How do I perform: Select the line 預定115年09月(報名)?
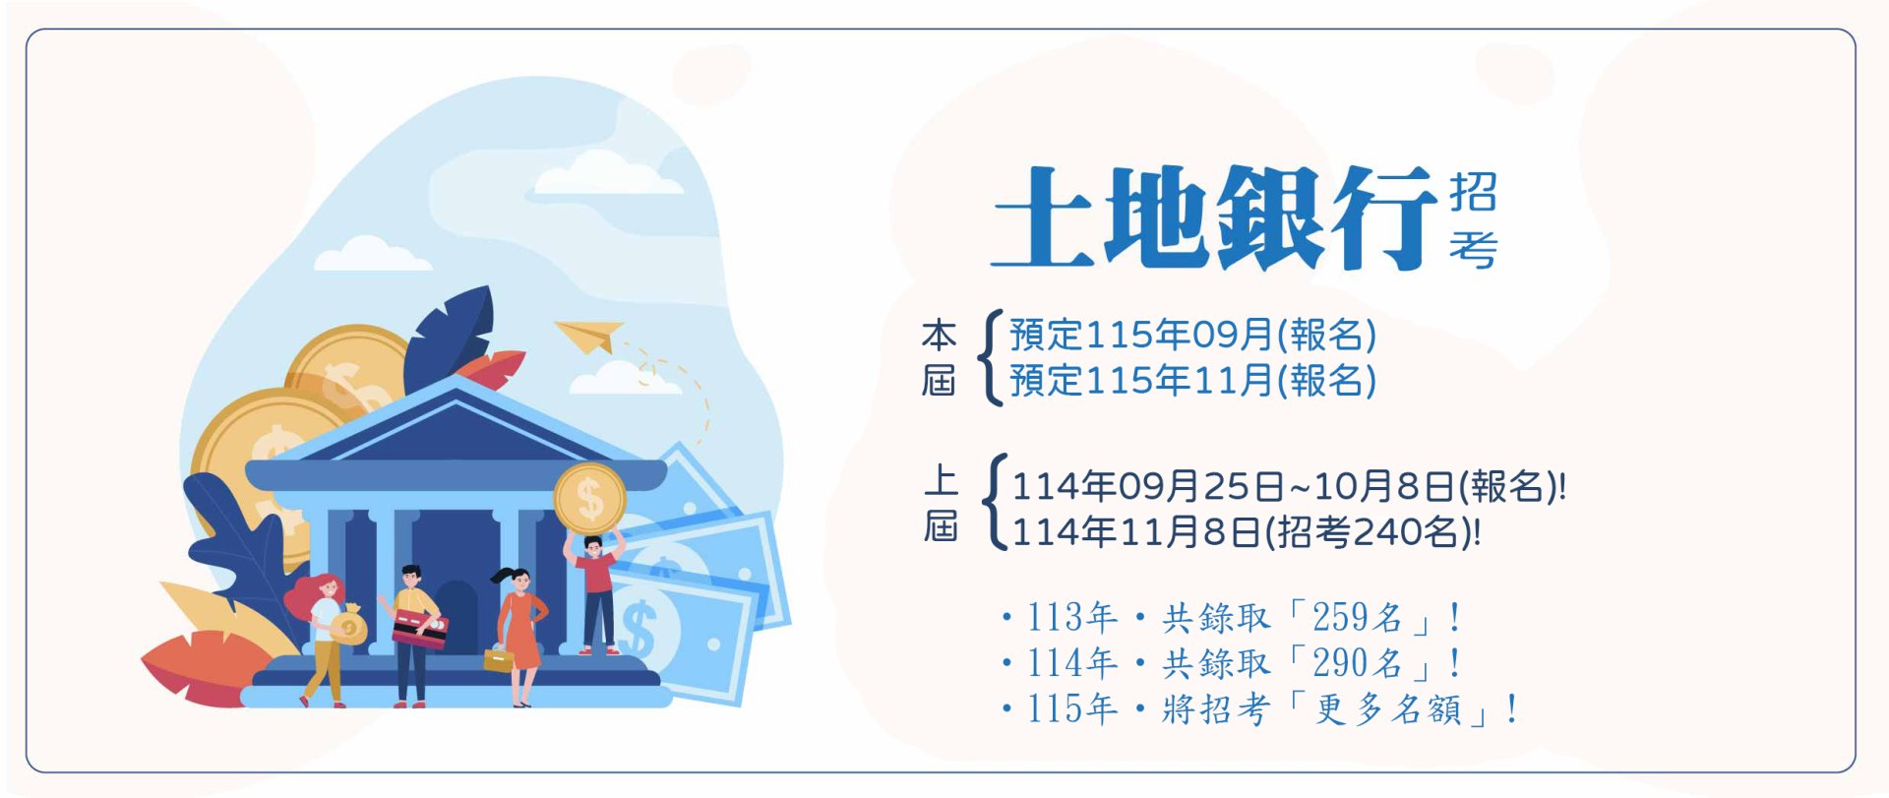click(1192, 336)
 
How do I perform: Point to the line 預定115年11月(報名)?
click(1192, 381)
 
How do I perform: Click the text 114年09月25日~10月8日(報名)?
click(1289, 486)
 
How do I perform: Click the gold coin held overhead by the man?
click(589, 500)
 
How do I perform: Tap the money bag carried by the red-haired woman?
click(347, 625)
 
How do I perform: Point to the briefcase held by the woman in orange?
click(499, 658)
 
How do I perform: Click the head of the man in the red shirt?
click(592, 545)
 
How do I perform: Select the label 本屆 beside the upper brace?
click(939, 357)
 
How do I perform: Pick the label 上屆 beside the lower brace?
click(941, 504)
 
